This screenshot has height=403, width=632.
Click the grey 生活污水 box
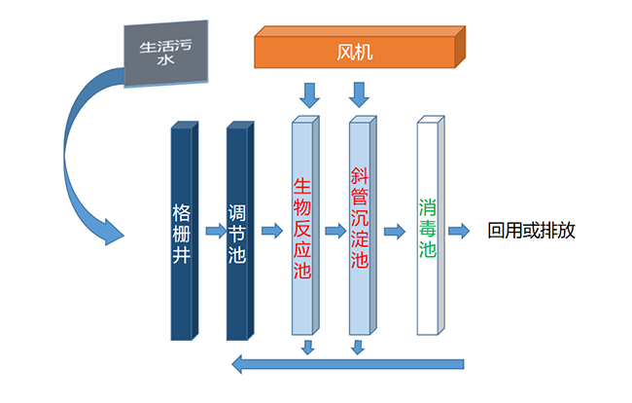164,52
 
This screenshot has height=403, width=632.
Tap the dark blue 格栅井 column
183,232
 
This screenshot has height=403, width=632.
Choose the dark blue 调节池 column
239,232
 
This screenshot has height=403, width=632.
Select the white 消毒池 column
429,227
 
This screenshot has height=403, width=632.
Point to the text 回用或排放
532,232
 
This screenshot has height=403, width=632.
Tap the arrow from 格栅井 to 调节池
214,232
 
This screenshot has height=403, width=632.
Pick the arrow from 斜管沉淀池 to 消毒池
394,232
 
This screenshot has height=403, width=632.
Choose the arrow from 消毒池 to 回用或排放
465,232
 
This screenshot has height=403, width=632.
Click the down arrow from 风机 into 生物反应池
309,94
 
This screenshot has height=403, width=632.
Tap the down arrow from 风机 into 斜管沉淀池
360,94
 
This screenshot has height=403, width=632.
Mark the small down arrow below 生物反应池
307,347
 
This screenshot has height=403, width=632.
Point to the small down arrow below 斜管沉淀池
358,347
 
